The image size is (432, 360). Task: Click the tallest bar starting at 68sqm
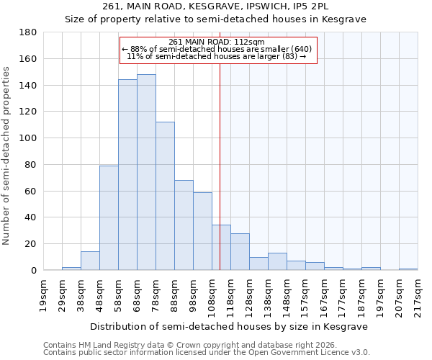click(x=146, y=173)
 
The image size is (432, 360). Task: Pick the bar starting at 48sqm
click(x=109, y=218)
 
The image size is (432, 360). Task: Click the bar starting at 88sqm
click(x=184, y=225)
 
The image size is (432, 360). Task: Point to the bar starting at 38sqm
click(x=90, y=261)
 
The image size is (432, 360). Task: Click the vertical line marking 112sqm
click(x=220, y=166)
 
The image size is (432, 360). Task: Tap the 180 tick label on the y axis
click(x=28, y=32)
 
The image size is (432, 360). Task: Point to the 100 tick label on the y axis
click(x=28, y=138)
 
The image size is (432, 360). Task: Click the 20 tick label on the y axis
click(x=31, y=244)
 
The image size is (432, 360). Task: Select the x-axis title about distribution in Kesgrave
click(x=229, y=326)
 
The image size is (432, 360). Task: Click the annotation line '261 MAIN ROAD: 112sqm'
click(x=217, y=42)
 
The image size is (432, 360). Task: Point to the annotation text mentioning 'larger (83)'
click(x=217, y=55)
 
